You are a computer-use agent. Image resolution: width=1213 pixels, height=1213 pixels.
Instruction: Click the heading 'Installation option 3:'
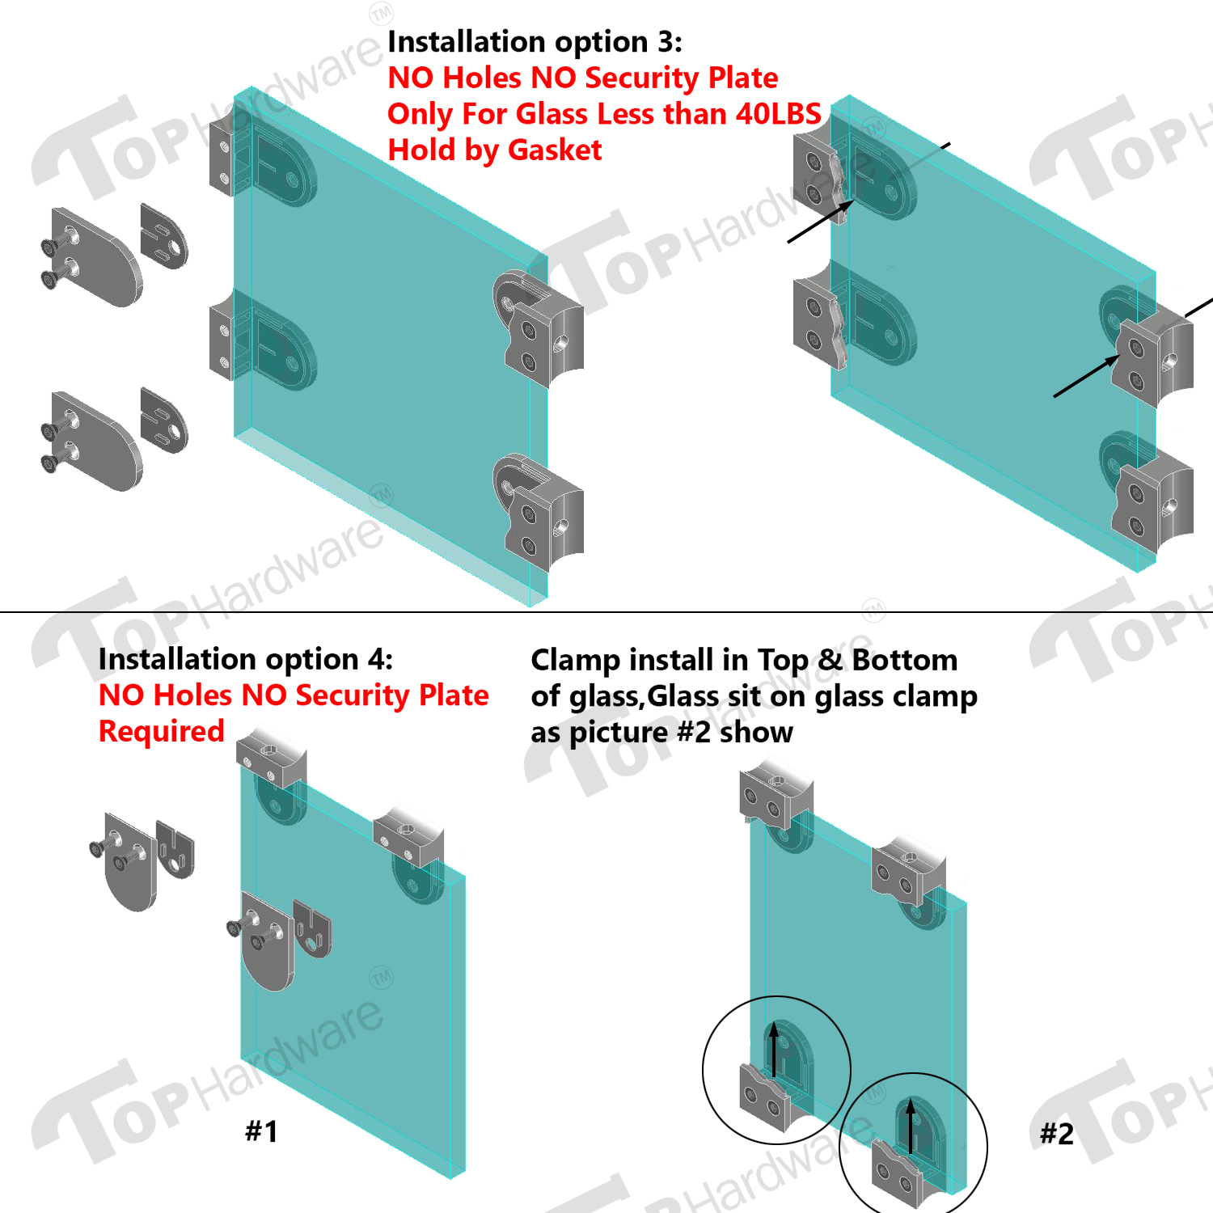click(535, 42)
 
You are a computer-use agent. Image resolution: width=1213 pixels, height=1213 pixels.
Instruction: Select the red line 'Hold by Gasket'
click(495, 150)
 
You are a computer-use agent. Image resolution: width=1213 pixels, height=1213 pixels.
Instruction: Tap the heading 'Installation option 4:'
click(246, 660)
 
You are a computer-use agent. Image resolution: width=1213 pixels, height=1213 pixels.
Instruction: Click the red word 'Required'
click(162, 732)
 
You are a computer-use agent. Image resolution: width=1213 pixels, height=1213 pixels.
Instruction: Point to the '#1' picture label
click(262, 1131)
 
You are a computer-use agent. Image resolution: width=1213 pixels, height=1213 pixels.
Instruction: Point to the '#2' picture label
click(1057, 1134)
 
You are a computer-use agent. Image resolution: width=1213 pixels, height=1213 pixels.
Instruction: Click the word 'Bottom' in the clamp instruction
click(905, 660)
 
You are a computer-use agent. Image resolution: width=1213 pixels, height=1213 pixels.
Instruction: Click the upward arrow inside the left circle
click(774, 1049)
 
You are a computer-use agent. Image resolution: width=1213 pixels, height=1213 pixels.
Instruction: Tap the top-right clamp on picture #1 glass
click(409, 841)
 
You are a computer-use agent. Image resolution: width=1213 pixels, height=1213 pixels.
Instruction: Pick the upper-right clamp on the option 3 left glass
click(539, 328)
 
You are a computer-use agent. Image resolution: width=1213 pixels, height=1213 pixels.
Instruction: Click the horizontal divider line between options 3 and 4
click(606, 612)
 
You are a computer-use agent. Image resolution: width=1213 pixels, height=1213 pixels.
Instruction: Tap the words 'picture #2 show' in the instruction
click(681, 733)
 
